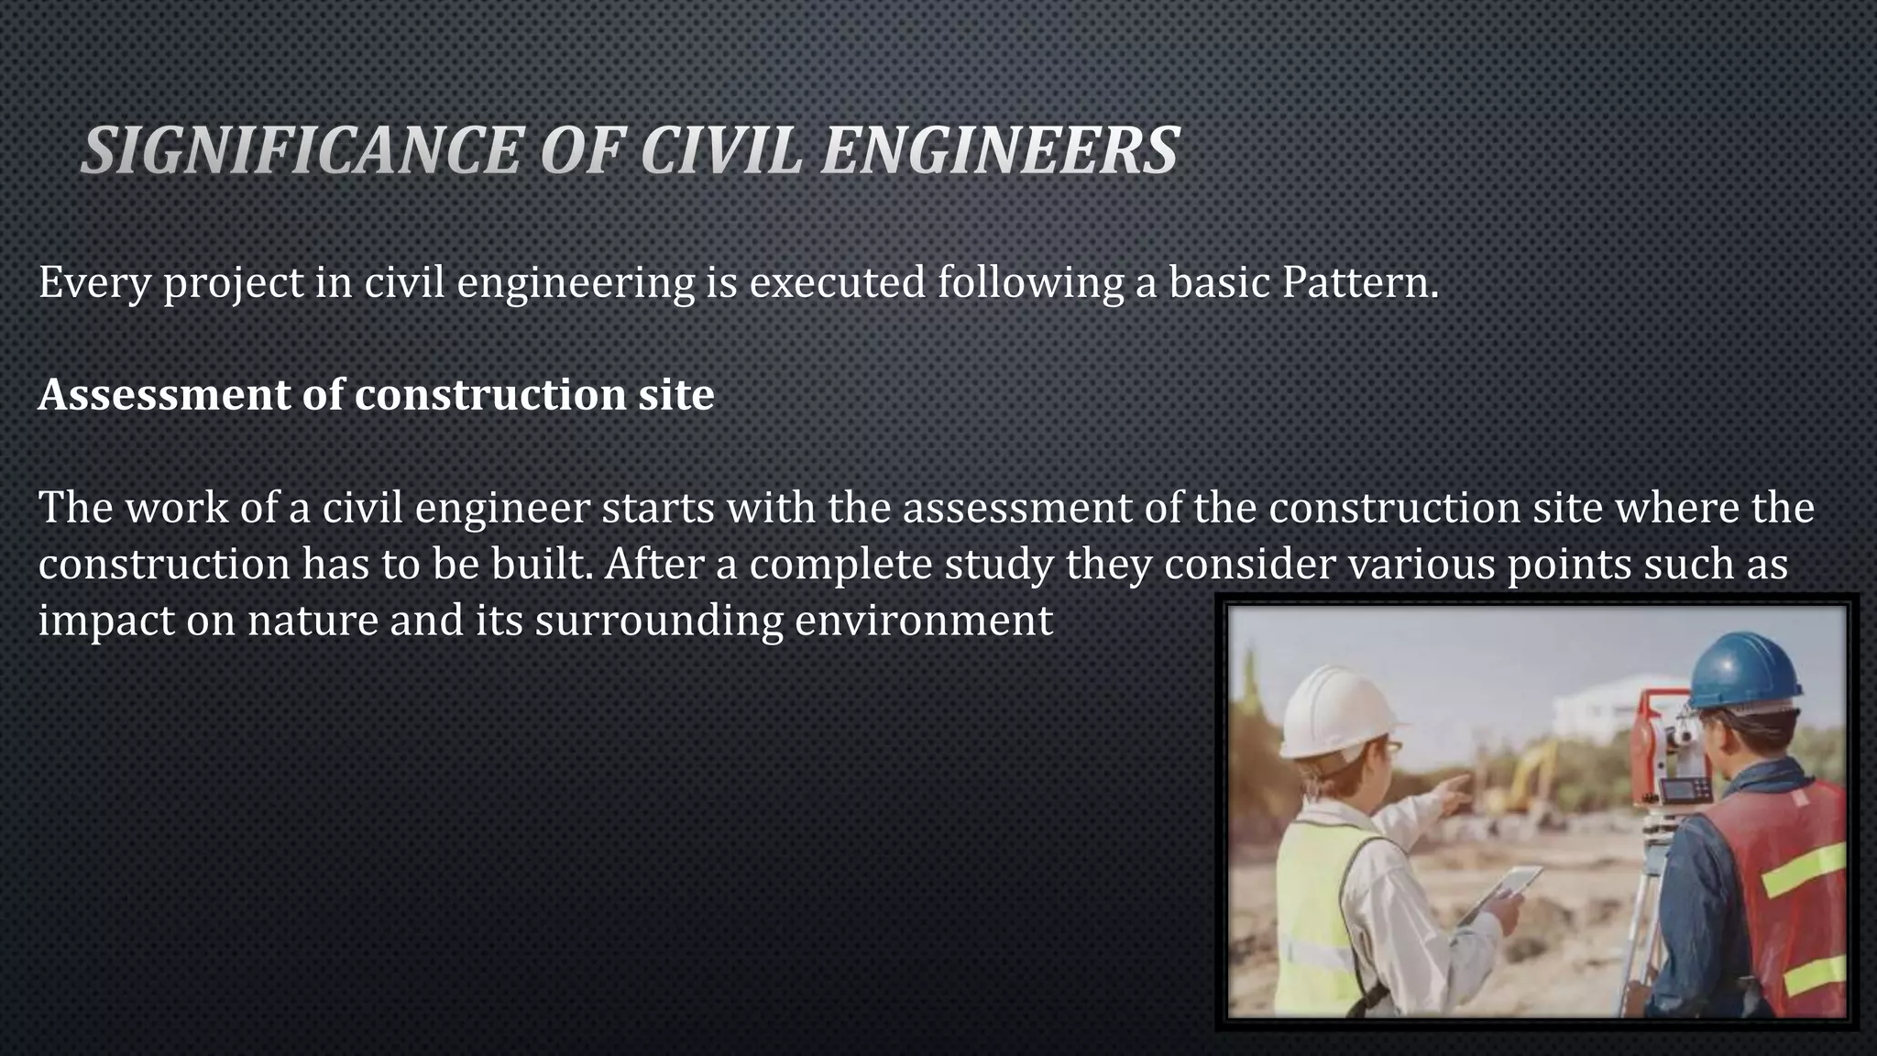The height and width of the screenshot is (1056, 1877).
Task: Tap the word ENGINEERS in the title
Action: [x=999, y=150]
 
